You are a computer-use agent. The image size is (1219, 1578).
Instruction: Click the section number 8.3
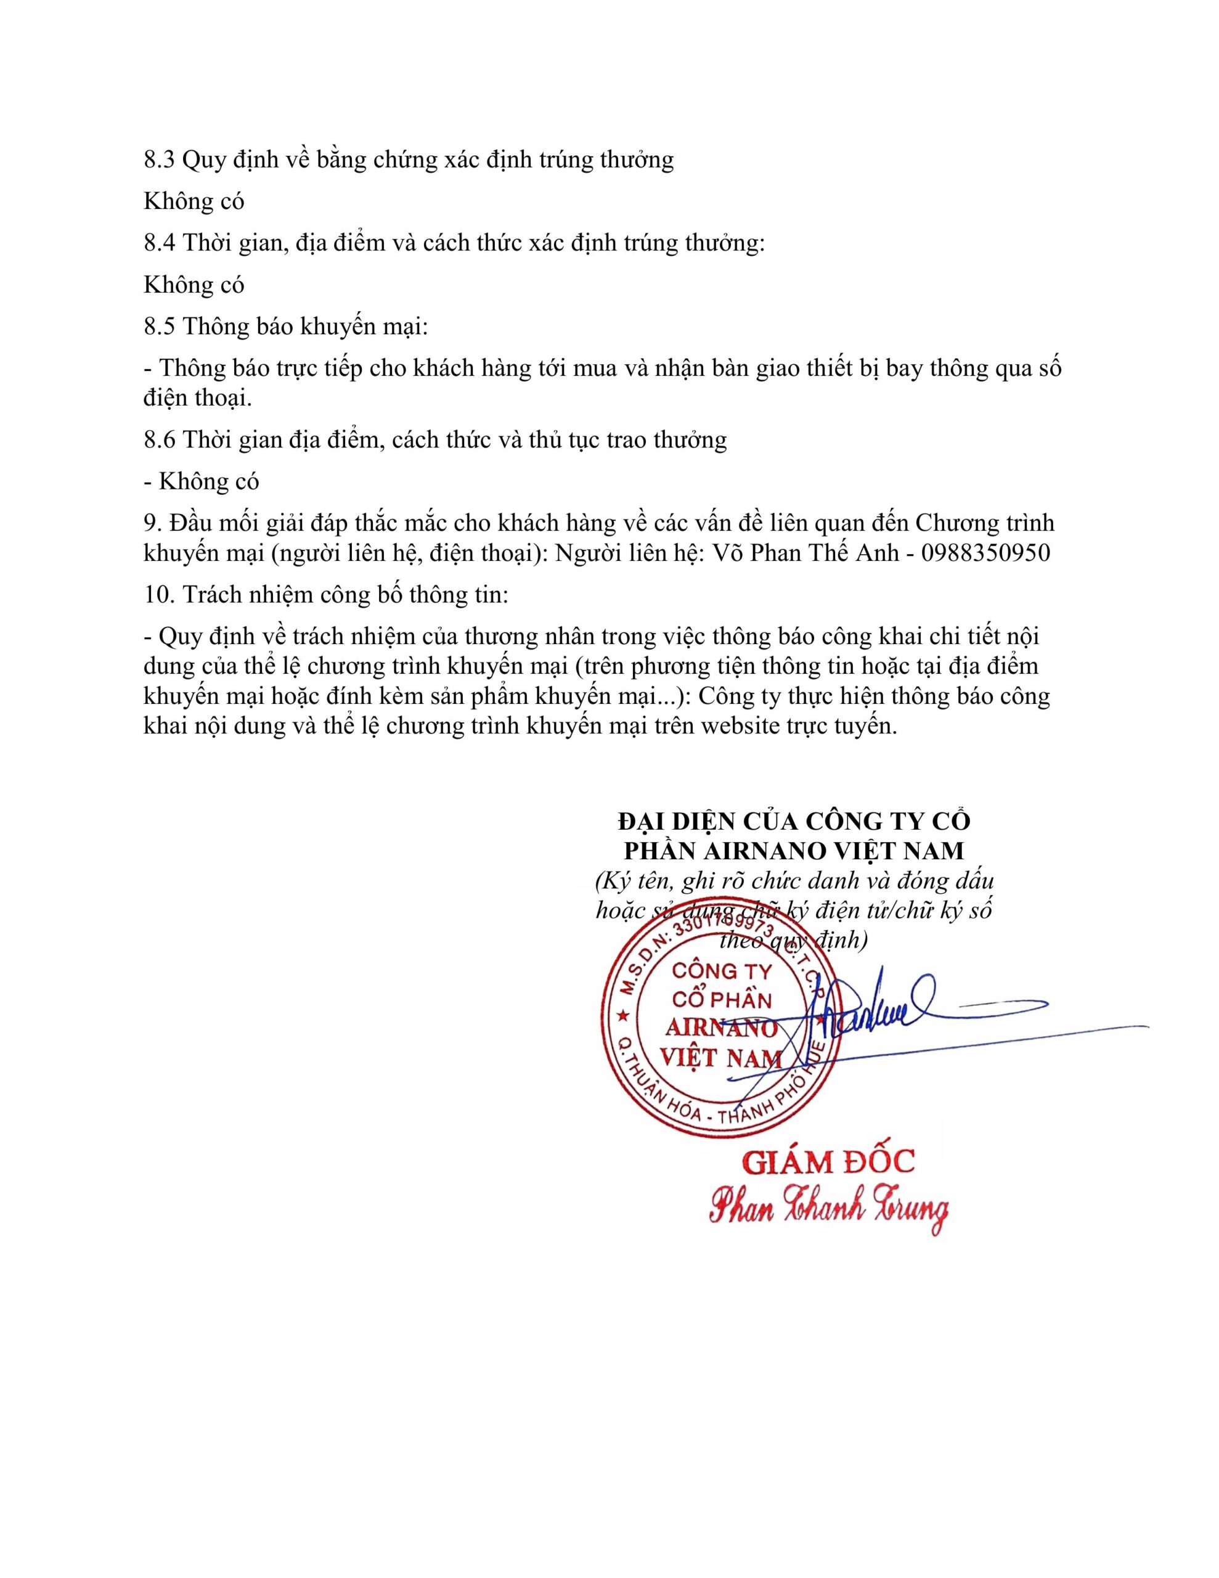tap(159, 160)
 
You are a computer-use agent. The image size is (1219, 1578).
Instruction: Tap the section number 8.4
tap(159, 243)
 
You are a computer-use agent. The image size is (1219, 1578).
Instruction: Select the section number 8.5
tap(159, 327)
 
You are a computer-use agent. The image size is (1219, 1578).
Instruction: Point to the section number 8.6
tap(159, 439)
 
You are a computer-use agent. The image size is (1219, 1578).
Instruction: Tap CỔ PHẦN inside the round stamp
tap(721, 999)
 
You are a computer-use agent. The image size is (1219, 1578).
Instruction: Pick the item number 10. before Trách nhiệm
tap(159, 595)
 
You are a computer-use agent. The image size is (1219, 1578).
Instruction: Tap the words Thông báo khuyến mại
tap(305, 327)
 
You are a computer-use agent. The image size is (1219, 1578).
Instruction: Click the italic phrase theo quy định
tap(793, 941)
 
